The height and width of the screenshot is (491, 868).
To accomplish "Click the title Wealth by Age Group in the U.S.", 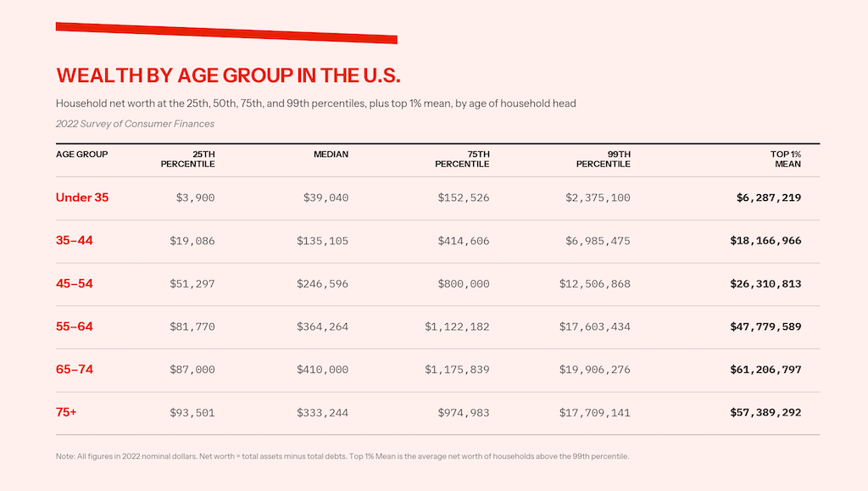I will pyautogui.click(x=228, y=75).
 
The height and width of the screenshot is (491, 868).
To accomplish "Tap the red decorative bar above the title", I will pyautogui.click(x=226, y=33).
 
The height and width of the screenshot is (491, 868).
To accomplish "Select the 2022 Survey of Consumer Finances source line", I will pyautogui.click(x=135, y=124).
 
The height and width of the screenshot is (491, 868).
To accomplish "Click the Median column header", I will pyautogui.click(x=331, y=154).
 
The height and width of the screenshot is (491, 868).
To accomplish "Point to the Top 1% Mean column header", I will pyautogui.click(x=786, y=159).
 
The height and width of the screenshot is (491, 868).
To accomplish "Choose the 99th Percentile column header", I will pyautogui.click(x=603, y=159).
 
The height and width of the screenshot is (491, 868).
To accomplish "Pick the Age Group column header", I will pyautogui.click(x=81, y=154).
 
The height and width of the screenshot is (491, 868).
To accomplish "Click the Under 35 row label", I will pyautogui.click(x=82, y=198).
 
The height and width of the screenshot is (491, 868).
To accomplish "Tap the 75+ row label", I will pyautogui.click(x=67, y=413).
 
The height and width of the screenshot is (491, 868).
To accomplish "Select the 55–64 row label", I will pyautogui.click(x=75, y=326).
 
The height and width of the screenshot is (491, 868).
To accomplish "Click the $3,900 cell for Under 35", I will pyautogui.click(x=195, y=198).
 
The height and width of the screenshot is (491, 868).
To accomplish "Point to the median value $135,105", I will pyautogui.click(x=322, y=241).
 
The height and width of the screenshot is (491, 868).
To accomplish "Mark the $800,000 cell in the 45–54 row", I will pyautogui.click(x=464, y=284).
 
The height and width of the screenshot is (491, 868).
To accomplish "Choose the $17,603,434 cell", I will pyautogui.click(x=594, y=326).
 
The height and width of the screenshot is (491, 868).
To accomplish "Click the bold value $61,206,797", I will pyautogui.click(x=765, y=370).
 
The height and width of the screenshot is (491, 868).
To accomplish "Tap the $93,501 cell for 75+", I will pyautogui.click(x=192, y=413).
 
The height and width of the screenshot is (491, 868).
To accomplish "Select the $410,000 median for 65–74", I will pyautogui.click(x=322, y=370).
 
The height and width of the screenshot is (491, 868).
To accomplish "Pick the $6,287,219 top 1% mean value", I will pyautogui.click(x=769, y=198).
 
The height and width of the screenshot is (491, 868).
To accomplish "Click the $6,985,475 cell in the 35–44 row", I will pyautogui.click(x=598, y=241).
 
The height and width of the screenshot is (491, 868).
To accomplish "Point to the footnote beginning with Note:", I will pyautogui.click(x=342, y=456).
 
